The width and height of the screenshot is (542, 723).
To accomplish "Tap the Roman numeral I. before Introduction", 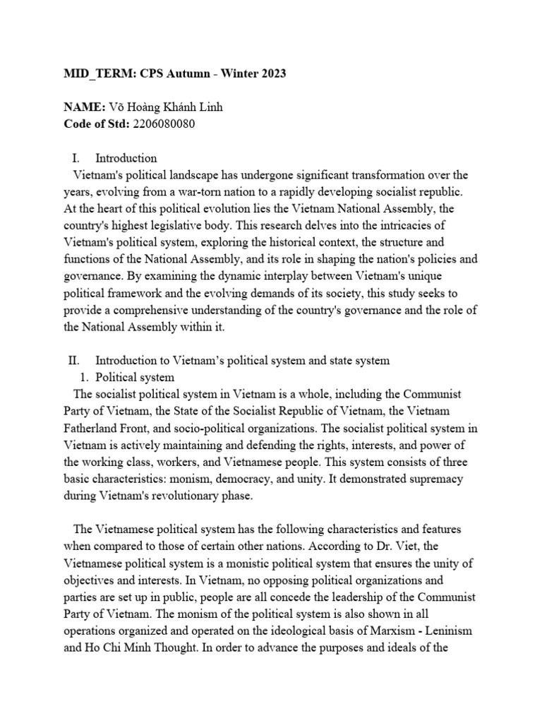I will click(77, 158).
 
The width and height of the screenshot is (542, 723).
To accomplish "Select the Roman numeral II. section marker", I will click(76, 361).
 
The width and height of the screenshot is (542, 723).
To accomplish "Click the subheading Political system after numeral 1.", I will click(135, 377).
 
